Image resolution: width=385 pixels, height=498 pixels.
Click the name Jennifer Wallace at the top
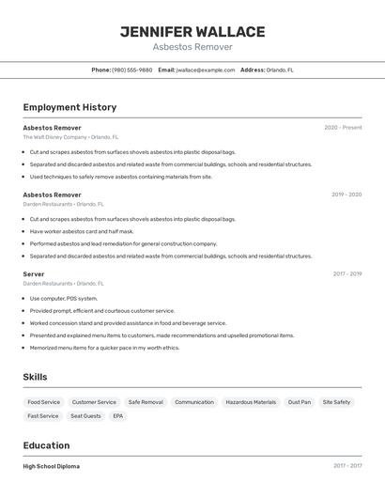point(192,31)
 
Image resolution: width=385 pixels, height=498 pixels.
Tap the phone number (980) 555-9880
point(131,70)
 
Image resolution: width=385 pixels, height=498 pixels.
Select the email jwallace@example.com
point(206,70)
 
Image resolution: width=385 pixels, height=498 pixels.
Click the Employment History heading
point(69,107)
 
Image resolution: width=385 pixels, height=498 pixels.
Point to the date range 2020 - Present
point(343,127)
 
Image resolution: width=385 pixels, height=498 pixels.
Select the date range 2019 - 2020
point(346,195)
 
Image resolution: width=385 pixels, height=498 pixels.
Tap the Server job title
point(34,273)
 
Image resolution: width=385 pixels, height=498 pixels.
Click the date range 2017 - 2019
point(347,273)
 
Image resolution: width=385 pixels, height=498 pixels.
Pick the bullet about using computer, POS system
point(63,299)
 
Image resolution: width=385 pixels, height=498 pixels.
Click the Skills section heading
point(36,377)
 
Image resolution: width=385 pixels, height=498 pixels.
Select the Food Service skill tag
point(43,402)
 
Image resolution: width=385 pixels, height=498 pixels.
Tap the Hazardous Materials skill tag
point(251,402)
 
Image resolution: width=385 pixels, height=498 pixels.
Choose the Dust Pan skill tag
point(300,402)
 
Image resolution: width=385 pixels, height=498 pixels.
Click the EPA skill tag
point(117,415)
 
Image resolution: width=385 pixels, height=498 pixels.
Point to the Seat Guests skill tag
point(85,415)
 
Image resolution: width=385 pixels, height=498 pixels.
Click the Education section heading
point(46,445)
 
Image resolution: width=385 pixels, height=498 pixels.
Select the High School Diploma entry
point(51,466)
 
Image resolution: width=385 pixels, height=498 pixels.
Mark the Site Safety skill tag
point(336,402)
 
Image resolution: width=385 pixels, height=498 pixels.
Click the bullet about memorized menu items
point(104,348)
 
